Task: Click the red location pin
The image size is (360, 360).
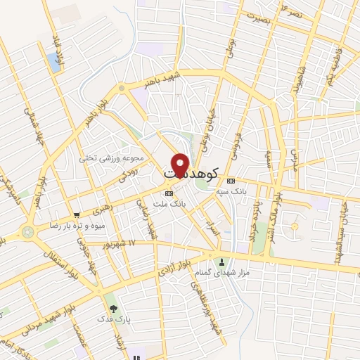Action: point(180,164)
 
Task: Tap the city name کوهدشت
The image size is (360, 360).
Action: point(191,171)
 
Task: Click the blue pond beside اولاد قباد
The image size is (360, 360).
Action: point(53,63)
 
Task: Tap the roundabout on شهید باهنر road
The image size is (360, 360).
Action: point(122,88)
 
